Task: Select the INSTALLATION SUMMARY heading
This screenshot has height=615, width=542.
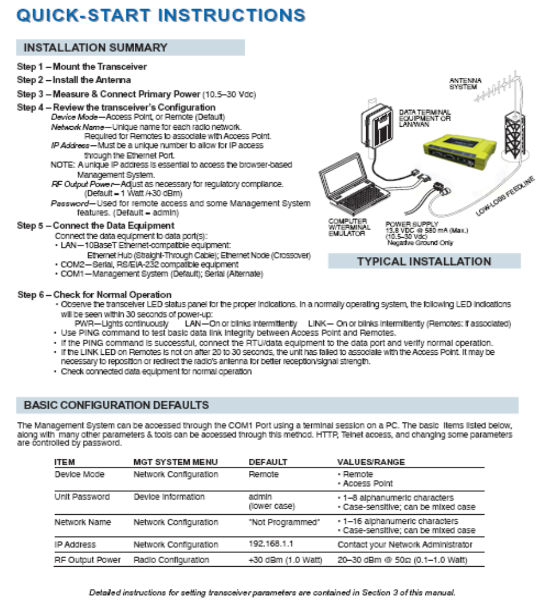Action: pos(95,47)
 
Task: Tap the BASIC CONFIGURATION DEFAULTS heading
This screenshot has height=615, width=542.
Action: pos(116,404)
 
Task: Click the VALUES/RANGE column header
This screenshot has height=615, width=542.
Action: pos(371,462)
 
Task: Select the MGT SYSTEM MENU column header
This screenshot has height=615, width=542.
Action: pos(175,462)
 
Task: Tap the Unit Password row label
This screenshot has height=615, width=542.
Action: pos(82,497)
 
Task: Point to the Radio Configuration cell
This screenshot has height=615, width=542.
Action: pos(171,559)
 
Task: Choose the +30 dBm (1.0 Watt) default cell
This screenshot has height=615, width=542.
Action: pos(285,559)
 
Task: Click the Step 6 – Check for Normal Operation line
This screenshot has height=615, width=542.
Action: pos(94,295)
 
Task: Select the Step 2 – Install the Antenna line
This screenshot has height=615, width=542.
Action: pos(74,80)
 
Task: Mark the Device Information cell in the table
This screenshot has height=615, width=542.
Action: pos(169,497)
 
